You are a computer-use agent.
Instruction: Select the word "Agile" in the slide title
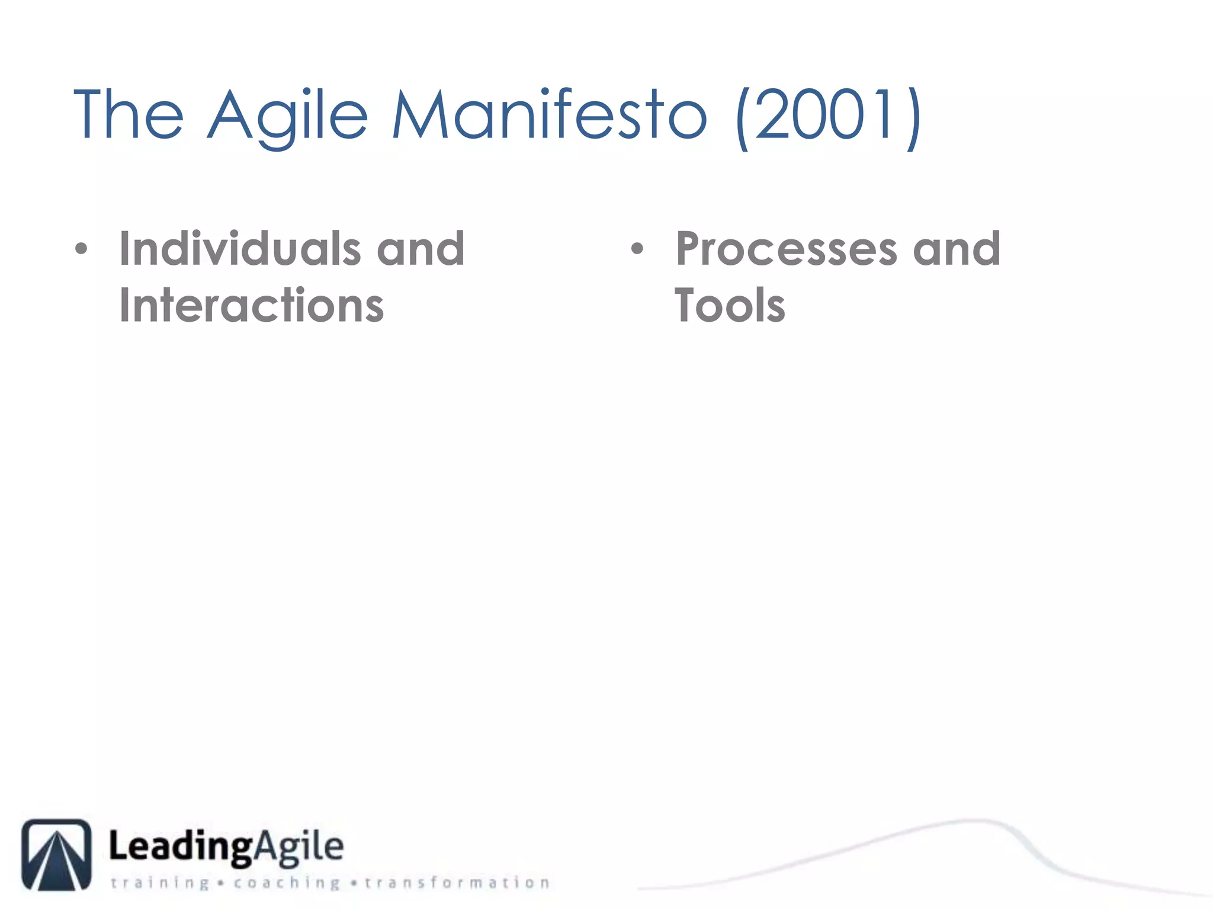point(288,116)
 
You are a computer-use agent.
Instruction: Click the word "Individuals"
point(240,248)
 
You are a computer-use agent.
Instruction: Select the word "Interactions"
point(252,305)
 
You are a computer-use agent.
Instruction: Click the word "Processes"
point(787,249)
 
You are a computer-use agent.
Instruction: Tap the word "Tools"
point(730,305)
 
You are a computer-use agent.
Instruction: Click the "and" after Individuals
point(421,248)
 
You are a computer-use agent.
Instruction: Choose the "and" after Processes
point(957,248)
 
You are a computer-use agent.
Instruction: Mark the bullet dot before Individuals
point(81,249)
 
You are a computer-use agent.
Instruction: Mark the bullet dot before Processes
point(637,249)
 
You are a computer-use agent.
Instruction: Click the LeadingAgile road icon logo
point(57,854)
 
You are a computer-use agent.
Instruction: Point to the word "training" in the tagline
point(160,883)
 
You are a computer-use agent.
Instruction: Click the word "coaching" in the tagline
point(287,883)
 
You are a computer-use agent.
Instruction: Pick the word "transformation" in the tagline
point(457,883)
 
